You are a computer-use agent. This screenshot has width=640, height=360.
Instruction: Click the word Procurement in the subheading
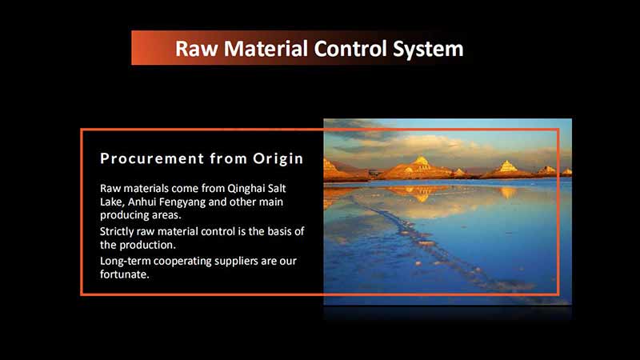[149, 158]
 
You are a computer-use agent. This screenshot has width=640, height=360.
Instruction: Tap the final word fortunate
[124, 275]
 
